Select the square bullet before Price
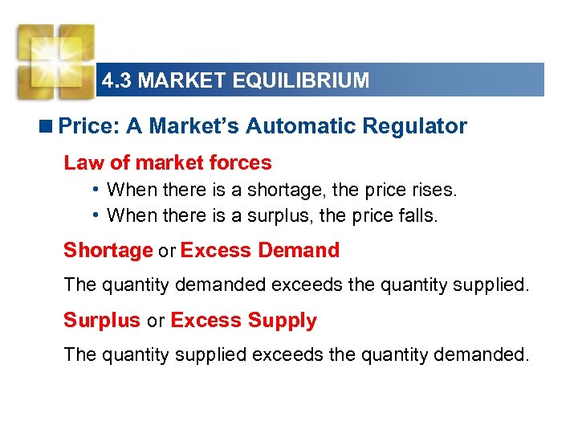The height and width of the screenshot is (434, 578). [x=49, y=127]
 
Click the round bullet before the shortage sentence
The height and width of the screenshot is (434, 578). [x=96, y=190]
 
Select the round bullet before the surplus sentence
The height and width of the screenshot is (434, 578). [x=96, y=215]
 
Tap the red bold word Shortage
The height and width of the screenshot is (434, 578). [x=108, y=251]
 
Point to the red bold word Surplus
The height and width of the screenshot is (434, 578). [x=102, y=321]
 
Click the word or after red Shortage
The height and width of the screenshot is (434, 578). [x=166, y=252]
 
